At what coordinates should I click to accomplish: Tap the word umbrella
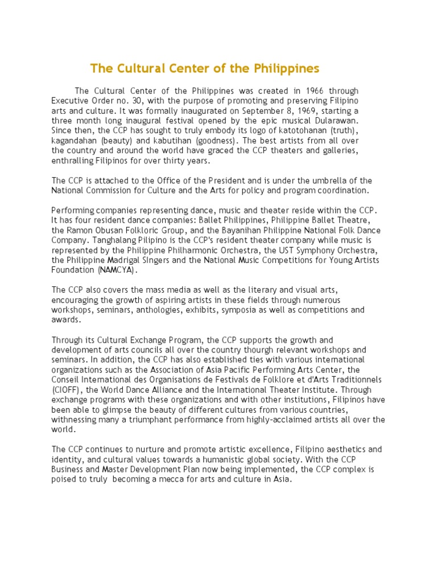pyautogui.click(x=339, y=181)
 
